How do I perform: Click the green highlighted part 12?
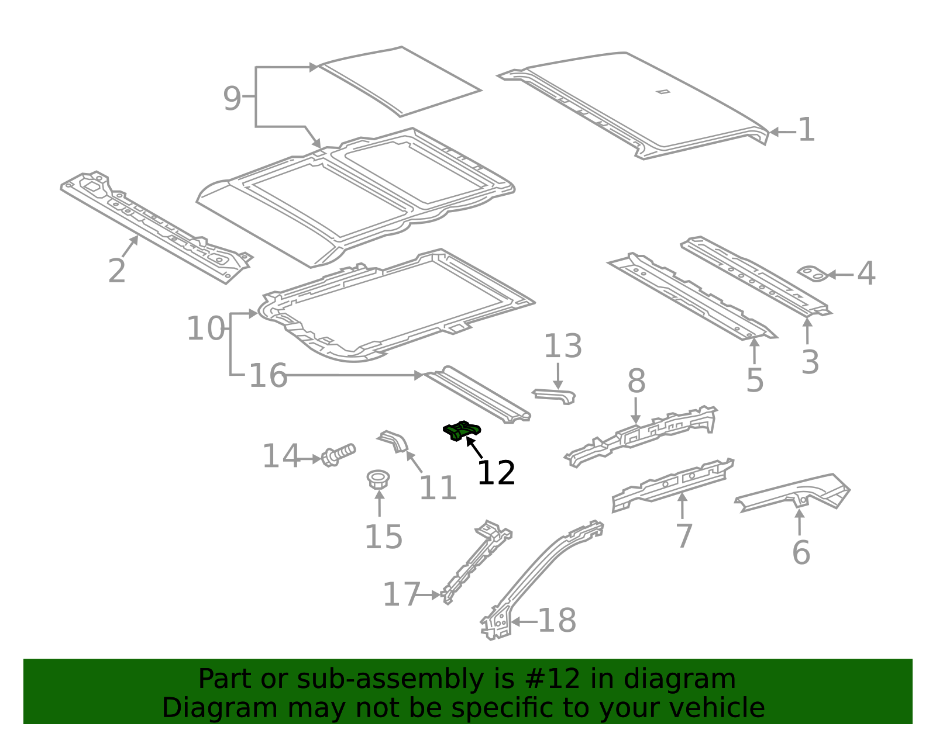click(462, 431)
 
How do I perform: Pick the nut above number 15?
click(378, 479)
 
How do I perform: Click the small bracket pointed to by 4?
click(813, 274)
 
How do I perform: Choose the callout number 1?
click(807, 130)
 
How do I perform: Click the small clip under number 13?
click(554, 396)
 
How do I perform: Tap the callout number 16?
click(268, 376)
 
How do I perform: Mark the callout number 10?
click(206, 328)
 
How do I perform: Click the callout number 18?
click(557, 620)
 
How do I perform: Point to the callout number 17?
click(401, 594)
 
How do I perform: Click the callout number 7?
click(684, 536)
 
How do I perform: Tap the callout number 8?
click(636, 380)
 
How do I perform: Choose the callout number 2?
click(117, 271)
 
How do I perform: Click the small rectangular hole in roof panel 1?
click(663, 91)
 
